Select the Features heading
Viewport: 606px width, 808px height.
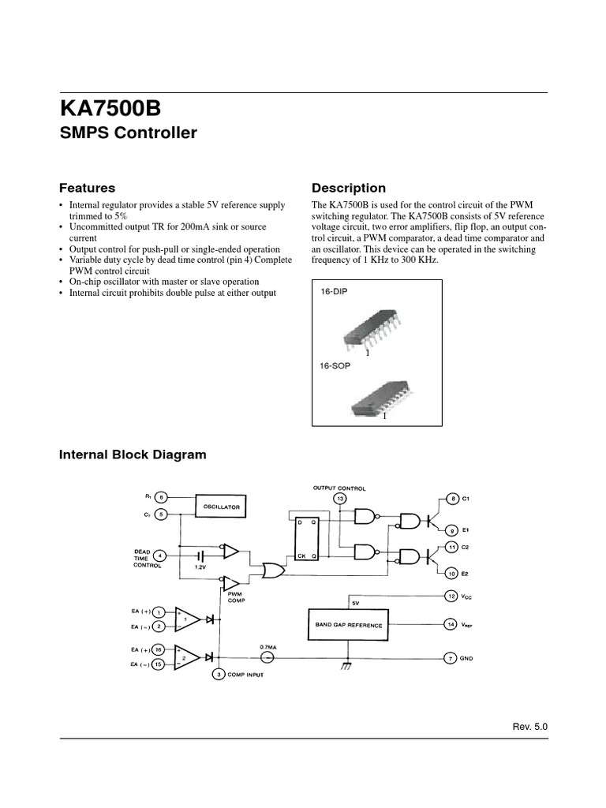pos(87,188)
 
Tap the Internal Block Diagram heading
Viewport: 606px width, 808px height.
pos(133,454)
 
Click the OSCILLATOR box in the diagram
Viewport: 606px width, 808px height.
pos(222,506)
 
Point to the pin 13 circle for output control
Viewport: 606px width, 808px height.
pos(340,499)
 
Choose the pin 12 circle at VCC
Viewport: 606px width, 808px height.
pos(451,596)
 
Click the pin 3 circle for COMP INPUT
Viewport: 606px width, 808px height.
pos(219,674)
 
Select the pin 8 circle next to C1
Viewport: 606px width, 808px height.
pos(452,498)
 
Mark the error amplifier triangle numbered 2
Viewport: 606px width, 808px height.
pos(185,656)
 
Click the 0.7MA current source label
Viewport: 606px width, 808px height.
pos(268,647)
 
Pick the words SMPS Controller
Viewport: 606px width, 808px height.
pos(129,133)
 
